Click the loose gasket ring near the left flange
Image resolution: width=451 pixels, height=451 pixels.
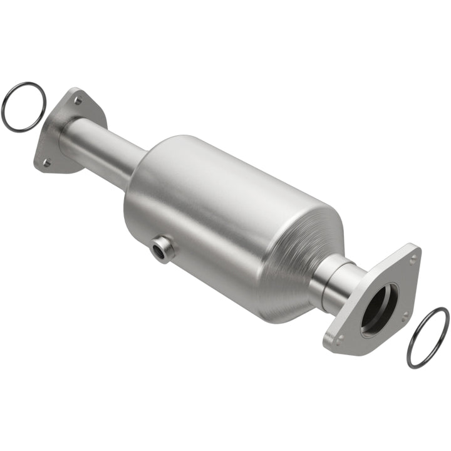click(x=8, y=94)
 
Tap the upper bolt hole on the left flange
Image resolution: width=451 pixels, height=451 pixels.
click(x=77, y=100)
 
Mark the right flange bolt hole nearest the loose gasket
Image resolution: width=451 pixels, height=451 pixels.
click(x=406, y=314)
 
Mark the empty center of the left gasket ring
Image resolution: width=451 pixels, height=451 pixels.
click(x=24, y=106)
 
